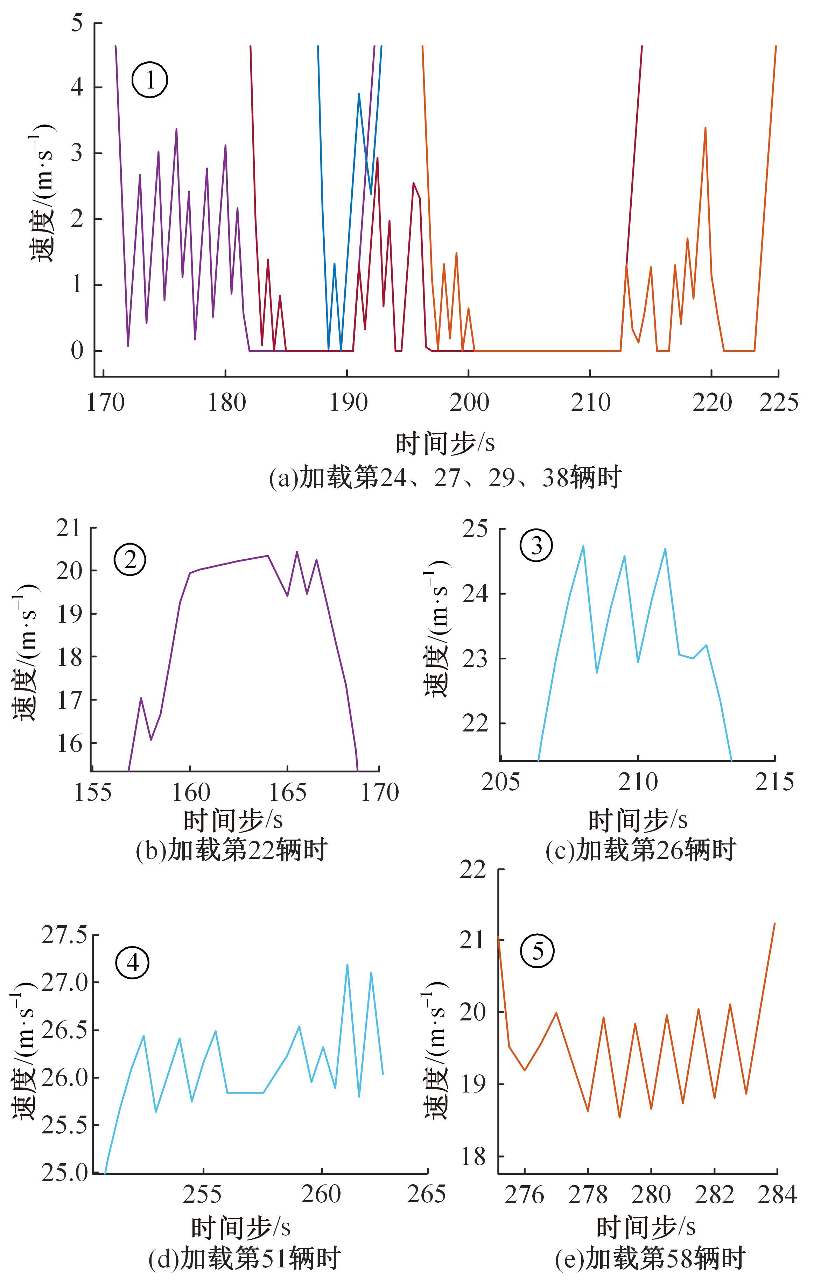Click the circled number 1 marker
150,80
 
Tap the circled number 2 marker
129,560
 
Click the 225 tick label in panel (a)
779,402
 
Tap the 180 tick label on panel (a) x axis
226,402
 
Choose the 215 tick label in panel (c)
774,782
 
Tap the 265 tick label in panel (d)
426,1194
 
